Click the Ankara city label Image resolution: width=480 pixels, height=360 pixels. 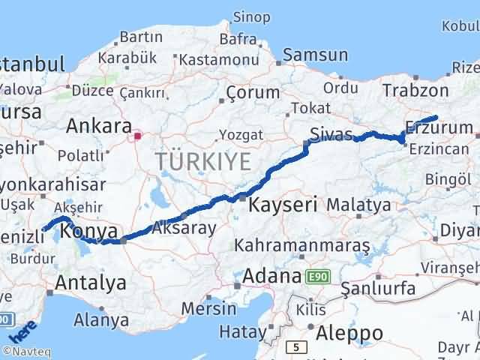(x=99, y=125)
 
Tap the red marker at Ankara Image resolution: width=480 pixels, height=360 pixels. (x=137, y=136)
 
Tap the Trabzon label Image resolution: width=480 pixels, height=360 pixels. (x=415, y=90)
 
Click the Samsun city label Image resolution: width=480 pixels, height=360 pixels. (x=314, y=55)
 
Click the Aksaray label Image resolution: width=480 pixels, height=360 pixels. (x=184, y=227)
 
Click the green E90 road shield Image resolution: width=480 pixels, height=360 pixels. (x=317, y=277)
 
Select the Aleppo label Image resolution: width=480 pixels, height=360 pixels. (x=349, y=332)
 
